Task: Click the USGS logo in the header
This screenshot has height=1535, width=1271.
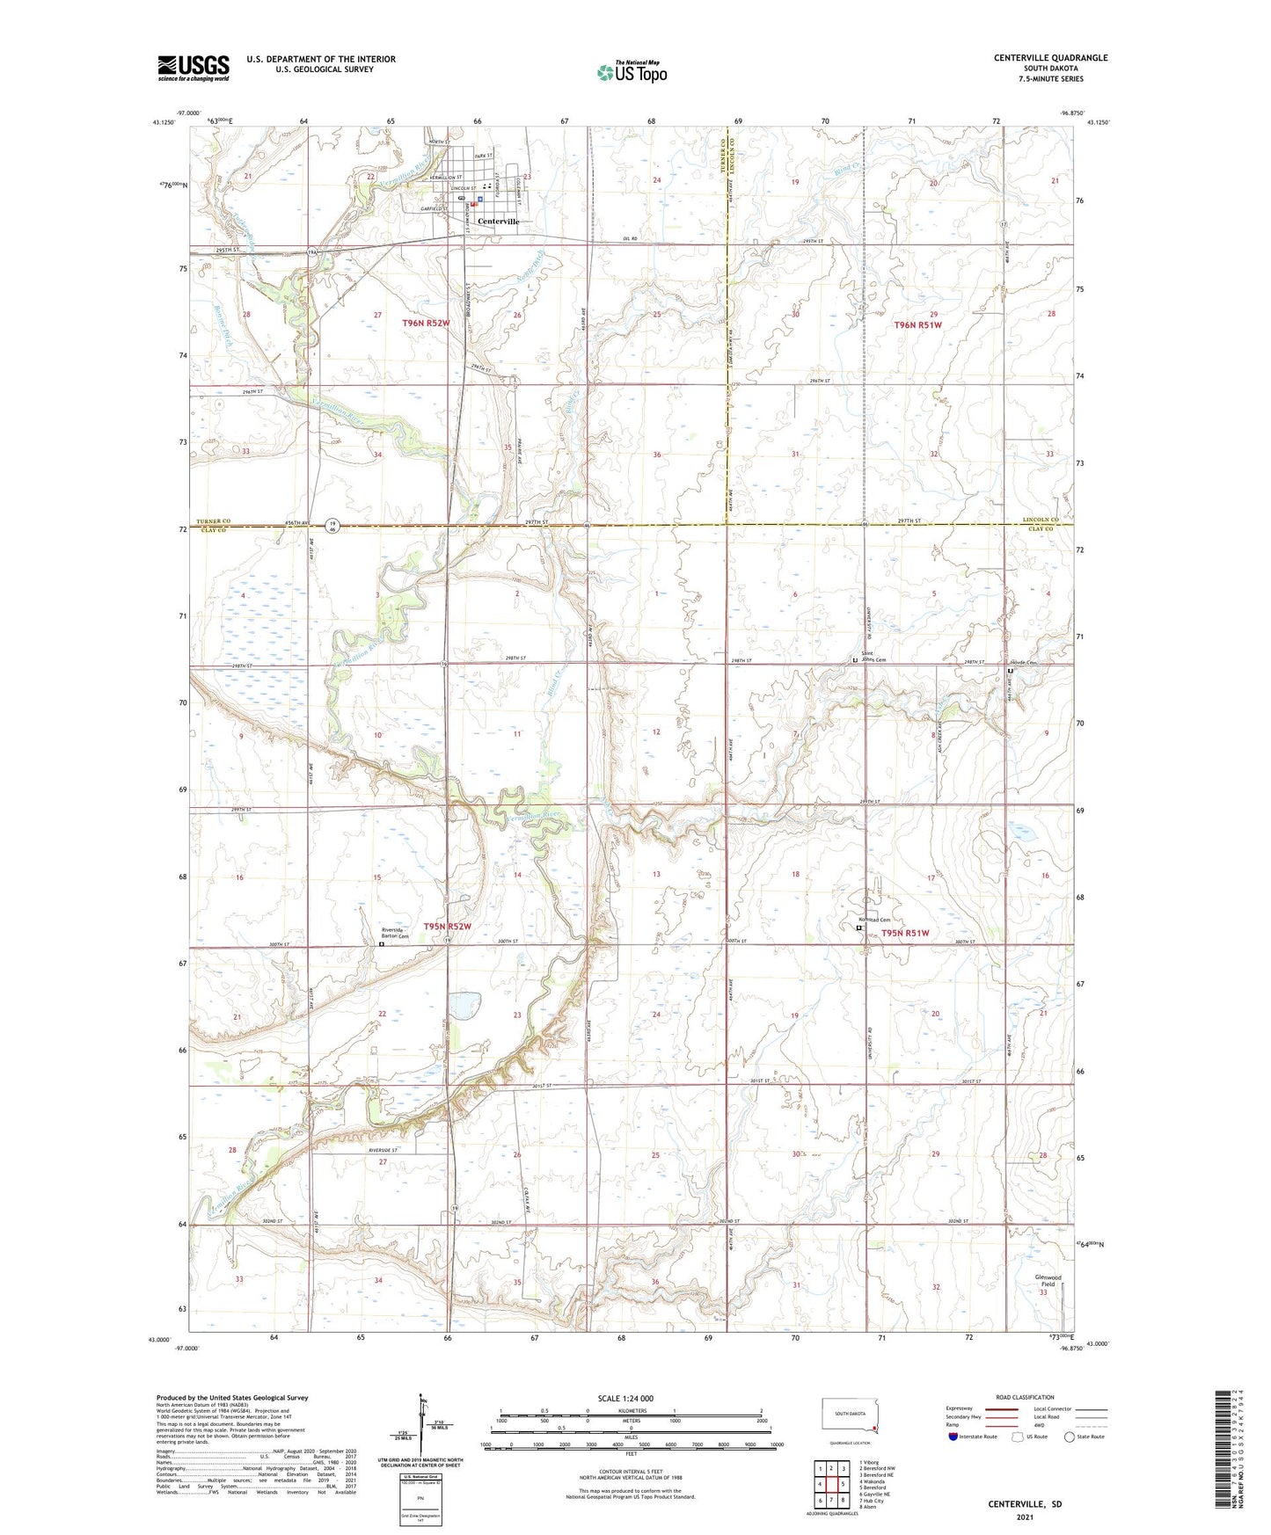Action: coord(194,67)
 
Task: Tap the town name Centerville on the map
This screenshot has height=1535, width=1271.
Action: coord(498,222)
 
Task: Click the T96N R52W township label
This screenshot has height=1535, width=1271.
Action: coord(426,324)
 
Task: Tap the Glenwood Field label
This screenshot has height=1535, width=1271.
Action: coord(1048,1280)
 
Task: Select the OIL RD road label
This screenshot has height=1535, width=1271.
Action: coord(628,239)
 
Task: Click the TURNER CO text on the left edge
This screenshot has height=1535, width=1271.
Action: coord(213,522)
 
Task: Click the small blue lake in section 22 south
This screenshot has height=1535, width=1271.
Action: coord(464,1002)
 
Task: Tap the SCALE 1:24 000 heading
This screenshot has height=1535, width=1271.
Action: coord(625,1398)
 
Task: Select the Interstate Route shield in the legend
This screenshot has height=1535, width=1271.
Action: coord(953,1437)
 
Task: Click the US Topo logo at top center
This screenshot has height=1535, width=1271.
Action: coord(631,72)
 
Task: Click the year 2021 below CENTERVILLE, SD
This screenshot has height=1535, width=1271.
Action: coord(1024,1517)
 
